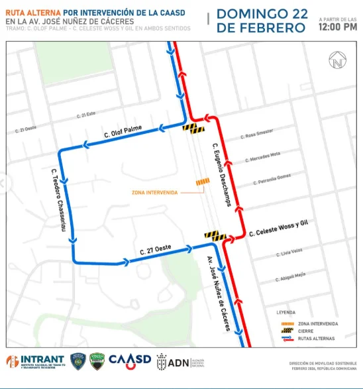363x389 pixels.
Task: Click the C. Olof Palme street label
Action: (x=124, y=135)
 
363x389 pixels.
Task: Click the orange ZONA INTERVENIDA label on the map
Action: (x=154, y=192)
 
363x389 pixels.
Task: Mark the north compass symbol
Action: (x=337, y=62)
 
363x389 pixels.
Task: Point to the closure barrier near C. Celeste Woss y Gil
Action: (x=215, y=235)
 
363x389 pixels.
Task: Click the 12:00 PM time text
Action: (x=338, y=28)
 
